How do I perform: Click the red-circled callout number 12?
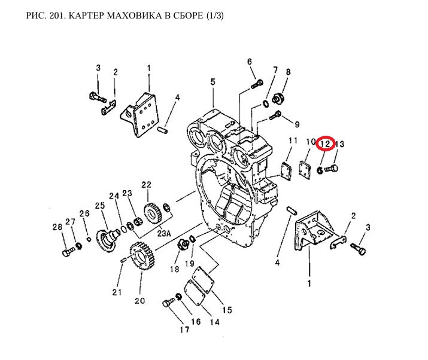(325, 144)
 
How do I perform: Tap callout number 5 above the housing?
(212, 82)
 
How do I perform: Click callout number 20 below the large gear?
(139, 301)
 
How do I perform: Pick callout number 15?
(227, 310)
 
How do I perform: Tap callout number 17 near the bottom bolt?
(177, 328)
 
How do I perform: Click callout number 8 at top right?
(288, 72)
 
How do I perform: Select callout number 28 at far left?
(57, 227)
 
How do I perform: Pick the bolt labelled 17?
(167, 303)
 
